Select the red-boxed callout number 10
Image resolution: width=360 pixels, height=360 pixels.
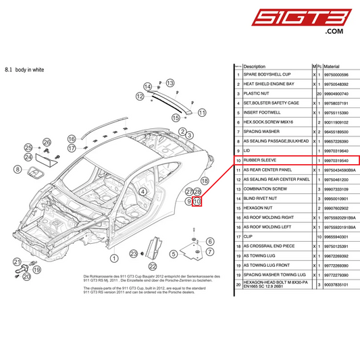(x=197, y=201)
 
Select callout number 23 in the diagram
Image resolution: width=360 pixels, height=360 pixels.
(x=134, y=253)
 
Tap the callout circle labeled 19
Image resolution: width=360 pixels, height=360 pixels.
(x=36, y=269)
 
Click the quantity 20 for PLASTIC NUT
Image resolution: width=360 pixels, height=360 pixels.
(x=318, y=93)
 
